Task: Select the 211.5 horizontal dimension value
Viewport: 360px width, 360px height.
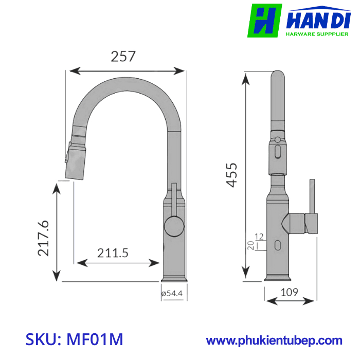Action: [x=113, y=253]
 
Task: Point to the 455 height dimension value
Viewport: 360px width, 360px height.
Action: [x=232, y=175]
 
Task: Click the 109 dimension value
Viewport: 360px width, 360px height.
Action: [x=289, y=293]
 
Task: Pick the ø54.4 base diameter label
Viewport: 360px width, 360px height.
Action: [x=172, y=293]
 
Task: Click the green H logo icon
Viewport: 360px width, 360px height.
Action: [x=265, y=21]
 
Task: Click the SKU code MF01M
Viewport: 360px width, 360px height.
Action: [x=75, y=340]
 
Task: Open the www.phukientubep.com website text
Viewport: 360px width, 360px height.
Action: [x=274, y=340]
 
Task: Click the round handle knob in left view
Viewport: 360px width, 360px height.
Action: [x=173, y=226]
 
